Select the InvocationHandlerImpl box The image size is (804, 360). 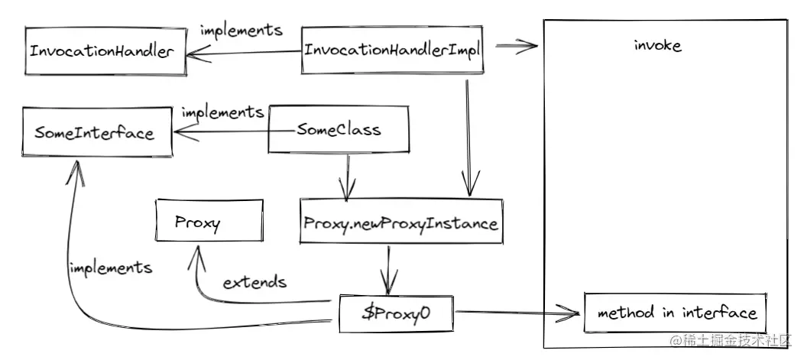point(391,50)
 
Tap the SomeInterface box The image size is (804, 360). point(95,133)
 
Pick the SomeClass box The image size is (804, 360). point(339,131)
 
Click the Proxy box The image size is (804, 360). point(198,223)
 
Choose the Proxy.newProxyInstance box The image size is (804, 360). point(400,224)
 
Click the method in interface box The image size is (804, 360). point(676,313)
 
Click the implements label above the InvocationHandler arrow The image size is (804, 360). point(241,31)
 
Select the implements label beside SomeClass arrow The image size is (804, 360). point(222,112)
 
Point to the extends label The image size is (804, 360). point(254,283)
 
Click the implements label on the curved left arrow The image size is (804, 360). point(109,269)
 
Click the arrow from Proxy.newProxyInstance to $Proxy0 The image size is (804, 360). point(390,268)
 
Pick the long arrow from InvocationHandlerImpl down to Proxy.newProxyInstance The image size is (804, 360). point(467,130)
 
